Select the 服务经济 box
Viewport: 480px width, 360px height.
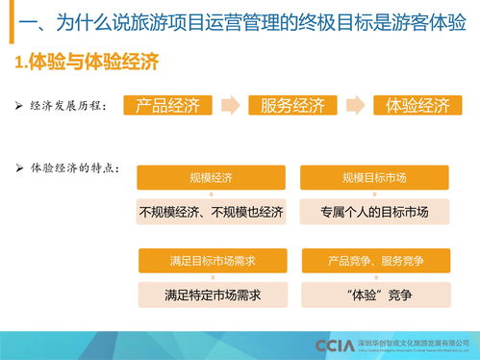(291, 105)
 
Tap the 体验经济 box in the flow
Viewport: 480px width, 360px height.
(417, 105)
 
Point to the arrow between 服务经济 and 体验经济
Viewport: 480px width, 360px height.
(355, 105)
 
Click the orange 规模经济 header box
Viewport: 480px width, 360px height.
(212, 178)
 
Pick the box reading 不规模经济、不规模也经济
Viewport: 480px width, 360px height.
(212, 212)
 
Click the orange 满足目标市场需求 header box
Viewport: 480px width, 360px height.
(212, 261)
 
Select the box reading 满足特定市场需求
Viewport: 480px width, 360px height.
(212, 295)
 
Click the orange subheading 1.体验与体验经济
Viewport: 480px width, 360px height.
(87, 64)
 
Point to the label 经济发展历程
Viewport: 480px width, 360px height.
(69, 105)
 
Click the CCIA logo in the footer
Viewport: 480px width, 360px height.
(334, 345)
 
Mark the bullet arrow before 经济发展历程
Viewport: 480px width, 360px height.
(20, 105)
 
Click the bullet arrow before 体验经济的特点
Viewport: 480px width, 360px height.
(20, 168)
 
